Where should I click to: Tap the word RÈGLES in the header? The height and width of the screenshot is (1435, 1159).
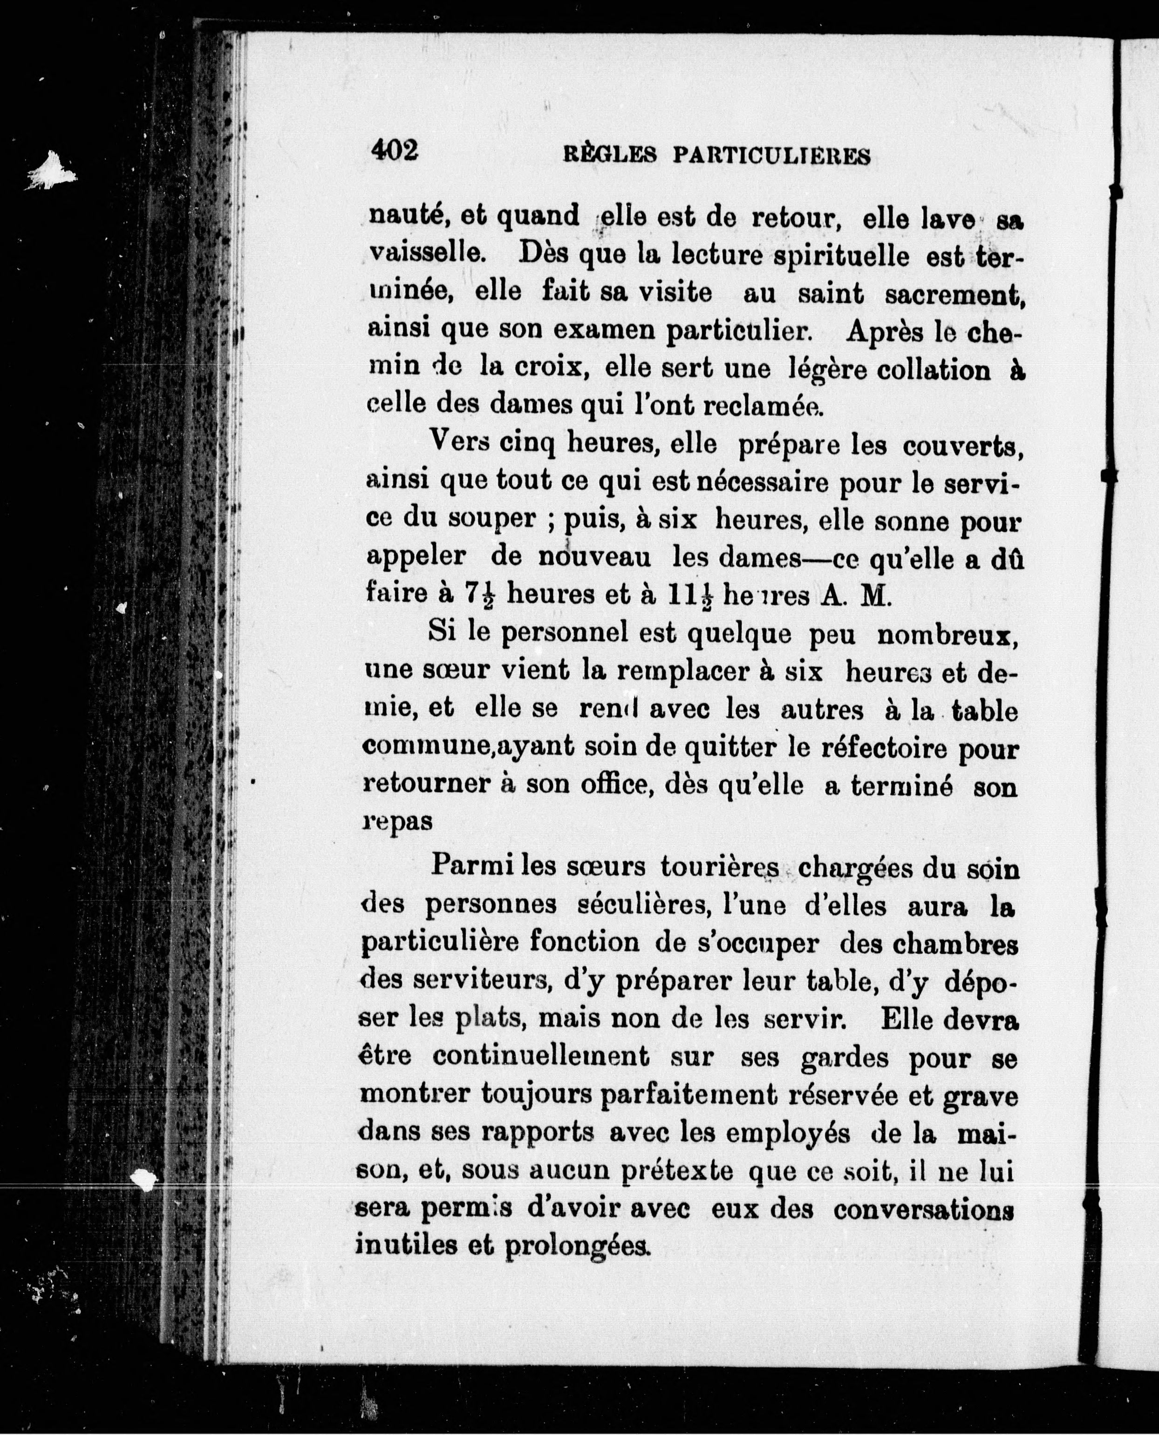pos(609,156)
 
